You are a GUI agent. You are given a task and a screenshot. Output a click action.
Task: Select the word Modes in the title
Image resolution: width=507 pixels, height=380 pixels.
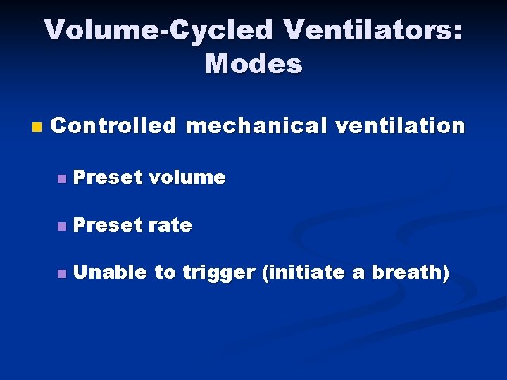pyautogui.click(x=254, y=64)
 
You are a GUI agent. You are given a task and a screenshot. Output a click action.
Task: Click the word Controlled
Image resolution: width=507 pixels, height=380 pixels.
pyautogui.click(x=113, y=126)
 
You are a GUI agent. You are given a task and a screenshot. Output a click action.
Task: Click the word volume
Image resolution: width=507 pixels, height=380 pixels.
pyautogui.click(x=187, y=177)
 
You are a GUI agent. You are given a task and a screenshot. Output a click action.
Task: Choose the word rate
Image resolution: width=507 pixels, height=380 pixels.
pyautogui.click(x=170, y=225)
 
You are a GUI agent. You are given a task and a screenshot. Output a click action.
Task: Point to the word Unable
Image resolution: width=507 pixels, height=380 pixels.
pyautogui.click(x=109, y=272)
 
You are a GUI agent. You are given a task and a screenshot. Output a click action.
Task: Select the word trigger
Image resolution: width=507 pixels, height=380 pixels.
pyautogui.click(x=219, y=274)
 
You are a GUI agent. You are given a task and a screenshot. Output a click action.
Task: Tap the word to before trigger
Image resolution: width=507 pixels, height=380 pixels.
pyautogui.click(x=165, y=273)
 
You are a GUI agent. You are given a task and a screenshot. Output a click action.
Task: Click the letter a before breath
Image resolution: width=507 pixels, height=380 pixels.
pyautogui.click(x=358, y=274)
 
